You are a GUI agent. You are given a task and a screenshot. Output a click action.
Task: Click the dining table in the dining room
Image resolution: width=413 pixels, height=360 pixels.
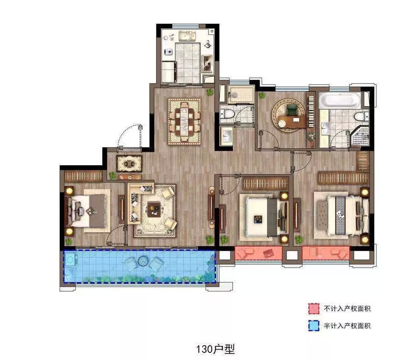tap(184, 122)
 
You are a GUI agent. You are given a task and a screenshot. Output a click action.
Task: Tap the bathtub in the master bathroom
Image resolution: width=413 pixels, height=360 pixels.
tap(340, 100)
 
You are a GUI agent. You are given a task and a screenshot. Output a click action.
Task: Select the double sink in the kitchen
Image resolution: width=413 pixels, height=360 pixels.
tap(187, 36)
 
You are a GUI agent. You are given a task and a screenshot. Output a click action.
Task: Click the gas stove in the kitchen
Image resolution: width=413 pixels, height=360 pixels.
tap(207, 64)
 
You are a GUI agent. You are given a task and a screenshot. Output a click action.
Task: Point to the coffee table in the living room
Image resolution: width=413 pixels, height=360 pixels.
tap(154, 209)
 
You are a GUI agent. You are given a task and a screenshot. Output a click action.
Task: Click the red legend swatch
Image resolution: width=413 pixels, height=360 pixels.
tap(314, 309)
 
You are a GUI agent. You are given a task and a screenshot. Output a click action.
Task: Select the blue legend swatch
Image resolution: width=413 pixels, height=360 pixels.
tap(314, 326)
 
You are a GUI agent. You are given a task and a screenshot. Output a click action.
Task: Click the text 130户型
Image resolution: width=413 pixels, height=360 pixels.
tap(215, 350)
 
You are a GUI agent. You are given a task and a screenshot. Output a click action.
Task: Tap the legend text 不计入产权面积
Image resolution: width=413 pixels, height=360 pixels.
tap(347, 309)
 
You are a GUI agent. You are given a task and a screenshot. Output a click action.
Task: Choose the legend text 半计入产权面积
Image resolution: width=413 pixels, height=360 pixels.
tap(347, 326)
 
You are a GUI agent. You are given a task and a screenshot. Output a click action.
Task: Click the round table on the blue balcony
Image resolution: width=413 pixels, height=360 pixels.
tap(143, 261)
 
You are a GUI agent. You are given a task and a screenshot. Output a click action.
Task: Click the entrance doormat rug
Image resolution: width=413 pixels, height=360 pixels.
tap(129, 164)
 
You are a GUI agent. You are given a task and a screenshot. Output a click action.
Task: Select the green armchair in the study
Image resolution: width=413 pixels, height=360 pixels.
tap(292, 110)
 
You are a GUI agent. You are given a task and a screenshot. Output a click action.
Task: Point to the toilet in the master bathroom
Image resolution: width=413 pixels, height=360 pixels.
tap(361, 116)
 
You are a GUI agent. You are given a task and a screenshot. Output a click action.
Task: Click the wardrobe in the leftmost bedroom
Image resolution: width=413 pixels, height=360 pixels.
tap(83, 176)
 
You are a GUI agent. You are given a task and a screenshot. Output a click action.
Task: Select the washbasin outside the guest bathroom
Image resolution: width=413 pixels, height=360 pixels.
tap(226, 136)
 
